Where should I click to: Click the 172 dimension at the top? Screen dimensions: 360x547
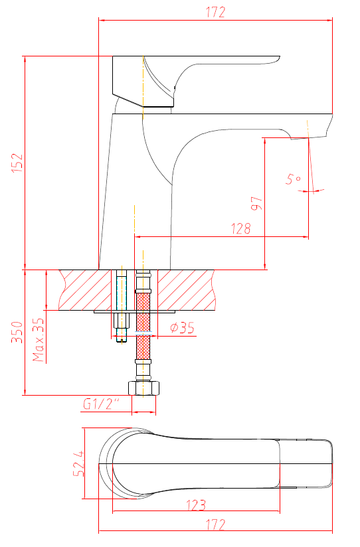pyautogui.click(x=215, y=12)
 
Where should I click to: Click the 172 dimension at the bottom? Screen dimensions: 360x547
pyautogui.click(x=215, y=524)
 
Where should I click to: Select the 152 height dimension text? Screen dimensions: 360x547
pyautogui.click(x=17, y=163)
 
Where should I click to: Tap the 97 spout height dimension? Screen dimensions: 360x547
pyautogui.click(x=256, y=203)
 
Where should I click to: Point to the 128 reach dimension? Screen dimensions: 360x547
pyautogui.click(x=241, y=228)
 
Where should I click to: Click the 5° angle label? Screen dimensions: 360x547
pyautogui.click(x=294, y=179)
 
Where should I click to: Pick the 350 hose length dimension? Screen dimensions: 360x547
pyautogui.click(x=17, y=332)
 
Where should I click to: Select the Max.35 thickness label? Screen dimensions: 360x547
pyautogui.click(x=39, y=339)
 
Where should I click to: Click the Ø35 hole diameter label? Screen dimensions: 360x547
pyautogui.click(x=182, y=328)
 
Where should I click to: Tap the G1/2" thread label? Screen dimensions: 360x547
pyautogui.click(x=101, y=404)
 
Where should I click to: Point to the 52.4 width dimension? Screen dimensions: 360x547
pyautogui.click(x=79, y=463)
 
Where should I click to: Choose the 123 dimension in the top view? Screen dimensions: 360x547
pyautogui.click(x=196, y=505)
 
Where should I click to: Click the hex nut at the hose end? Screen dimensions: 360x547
pyautogui.click(x=143, y=388)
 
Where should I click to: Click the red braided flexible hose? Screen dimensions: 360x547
pyautogui.click(x=143, y=326)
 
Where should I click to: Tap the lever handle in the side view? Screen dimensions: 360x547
pyautogui.click(x=195, y=81)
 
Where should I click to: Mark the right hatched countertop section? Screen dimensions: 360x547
pyautogui.click(x=186, y=290)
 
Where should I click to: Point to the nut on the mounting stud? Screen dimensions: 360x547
pyautogui.click(x=122, y=320)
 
